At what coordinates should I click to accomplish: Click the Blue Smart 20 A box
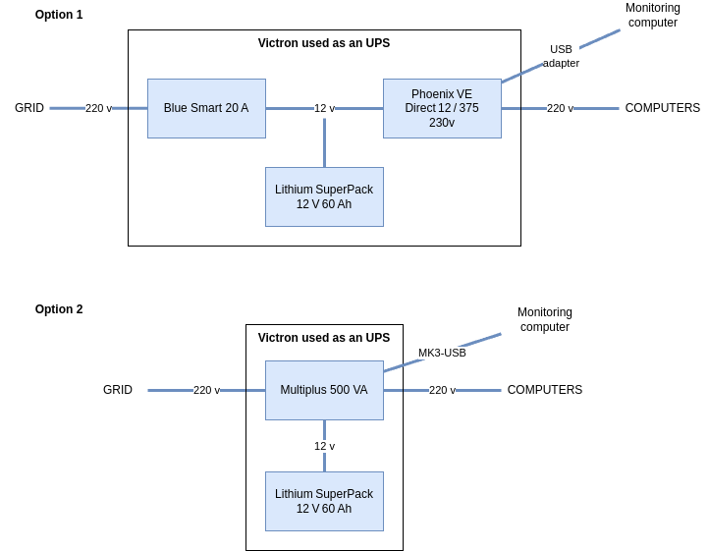(206, 108)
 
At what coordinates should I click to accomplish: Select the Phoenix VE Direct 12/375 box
(442, 108)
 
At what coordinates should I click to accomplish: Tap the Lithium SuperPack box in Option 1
(324, 196)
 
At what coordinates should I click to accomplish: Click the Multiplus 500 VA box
(324, 390)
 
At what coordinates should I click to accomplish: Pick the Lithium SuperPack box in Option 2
(324, 501)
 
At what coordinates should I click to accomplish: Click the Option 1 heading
(59, 15)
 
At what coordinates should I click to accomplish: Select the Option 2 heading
(59, 309)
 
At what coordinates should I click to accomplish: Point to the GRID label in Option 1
(29, 108)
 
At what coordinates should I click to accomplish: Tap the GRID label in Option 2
(118, 390)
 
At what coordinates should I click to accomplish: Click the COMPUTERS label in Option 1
(663, 108)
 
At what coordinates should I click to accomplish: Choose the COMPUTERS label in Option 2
(545, 390)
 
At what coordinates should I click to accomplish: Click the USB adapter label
(561, 56)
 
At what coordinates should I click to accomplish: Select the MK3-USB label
(442, 353)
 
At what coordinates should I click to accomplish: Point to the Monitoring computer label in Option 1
(653, 15)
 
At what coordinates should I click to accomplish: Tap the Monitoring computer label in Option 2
(545, 319)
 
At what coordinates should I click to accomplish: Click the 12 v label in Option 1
(324, 108)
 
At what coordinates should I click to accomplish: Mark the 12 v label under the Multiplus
(324, 446)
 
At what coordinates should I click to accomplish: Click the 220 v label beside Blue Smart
(98, 108)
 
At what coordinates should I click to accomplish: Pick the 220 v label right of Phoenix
(560, 108)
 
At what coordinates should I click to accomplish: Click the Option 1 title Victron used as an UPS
(324, 43)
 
